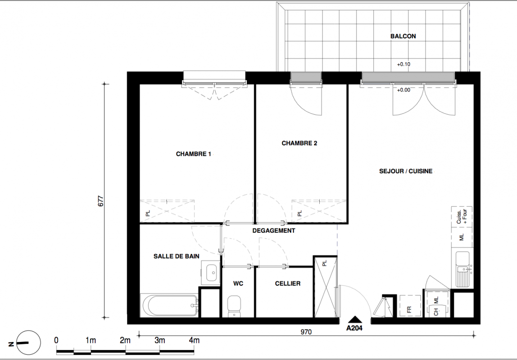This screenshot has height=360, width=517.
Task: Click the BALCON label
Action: click(403, 36)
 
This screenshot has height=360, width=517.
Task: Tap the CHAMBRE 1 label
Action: click(194, 154)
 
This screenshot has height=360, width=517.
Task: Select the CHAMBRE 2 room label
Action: click(299, 143)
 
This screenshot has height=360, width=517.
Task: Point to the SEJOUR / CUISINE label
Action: click(406, 171)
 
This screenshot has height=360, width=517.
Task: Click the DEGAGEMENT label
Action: click(274, 230)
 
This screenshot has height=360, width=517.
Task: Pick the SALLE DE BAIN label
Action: click(177, 256)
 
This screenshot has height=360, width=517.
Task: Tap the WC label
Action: click(238, 283)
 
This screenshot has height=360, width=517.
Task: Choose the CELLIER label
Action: click(287, 283)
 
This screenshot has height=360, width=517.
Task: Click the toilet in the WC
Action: click(234, 306)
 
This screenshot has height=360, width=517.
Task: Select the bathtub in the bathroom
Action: click(170, 305)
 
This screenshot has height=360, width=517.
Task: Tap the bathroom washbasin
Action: click(210, 273)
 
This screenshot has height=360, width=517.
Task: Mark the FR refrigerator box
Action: click(410, 306)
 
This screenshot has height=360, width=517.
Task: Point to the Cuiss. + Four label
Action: click(462, 216)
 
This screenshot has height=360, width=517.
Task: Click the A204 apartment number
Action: click(354, 328)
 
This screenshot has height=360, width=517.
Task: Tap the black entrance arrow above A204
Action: click(355, 319)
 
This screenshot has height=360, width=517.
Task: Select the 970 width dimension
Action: click(306, 332)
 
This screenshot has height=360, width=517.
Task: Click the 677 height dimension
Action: click(100, 201)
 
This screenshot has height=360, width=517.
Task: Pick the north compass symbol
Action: click(28, 343)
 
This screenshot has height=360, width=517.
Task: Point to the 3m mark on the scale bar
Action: click(159, 340)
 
